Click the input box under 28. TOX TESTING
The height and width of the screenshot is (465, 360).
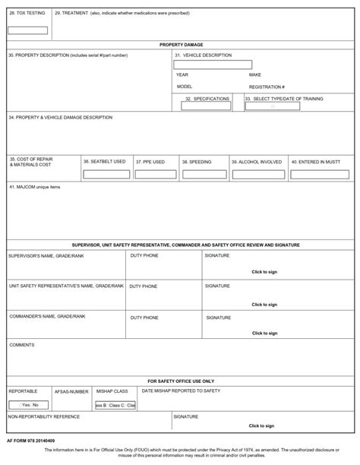(x=27, y=31)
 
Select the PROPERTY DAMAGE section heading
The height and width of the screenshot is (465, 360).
(x=180, y=45)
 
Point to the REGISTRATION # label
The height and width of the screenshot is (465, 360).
(x=267, y=87)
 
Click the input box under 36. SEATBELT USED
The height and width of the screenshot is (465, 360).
(x=106, y=174)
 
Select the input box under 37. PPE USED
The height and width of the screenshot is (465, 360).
(x=154, y=174)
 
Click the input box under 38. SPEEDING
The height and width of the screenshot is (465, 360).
(x=203, y=174)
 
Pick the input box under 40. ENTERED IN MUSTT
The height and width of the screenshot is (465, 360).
(x=321, y=174)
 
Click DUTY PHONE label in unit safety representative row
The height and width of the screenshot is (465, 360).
(x=144, y=286)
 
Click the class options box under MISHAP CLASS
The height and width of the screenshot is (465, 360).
(x=115, y=405)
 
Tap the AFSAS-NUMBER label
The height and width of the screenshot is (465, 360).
(x=71, y=391)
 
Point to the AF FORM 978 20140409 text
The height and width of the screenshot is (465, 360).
(x=33, y=440)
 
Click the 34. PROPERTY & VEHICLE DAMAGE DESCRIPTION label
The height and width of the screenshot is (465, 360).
(x=60, y=117)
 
